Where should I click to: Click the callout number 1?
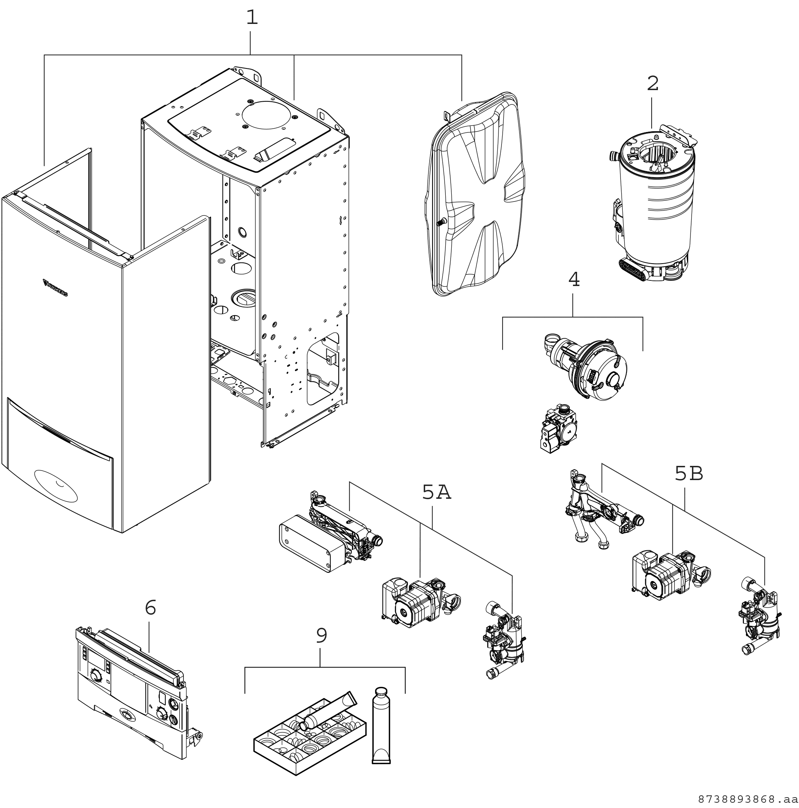[251, 18]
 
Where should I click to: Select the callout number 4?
[574, 279]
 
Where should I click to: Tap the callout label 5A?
[436, 493]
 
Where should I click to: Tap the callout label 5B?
[689, 473]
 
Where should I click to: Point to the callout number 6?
[150, 607]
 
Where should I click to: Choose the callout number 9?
[321, 636]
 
